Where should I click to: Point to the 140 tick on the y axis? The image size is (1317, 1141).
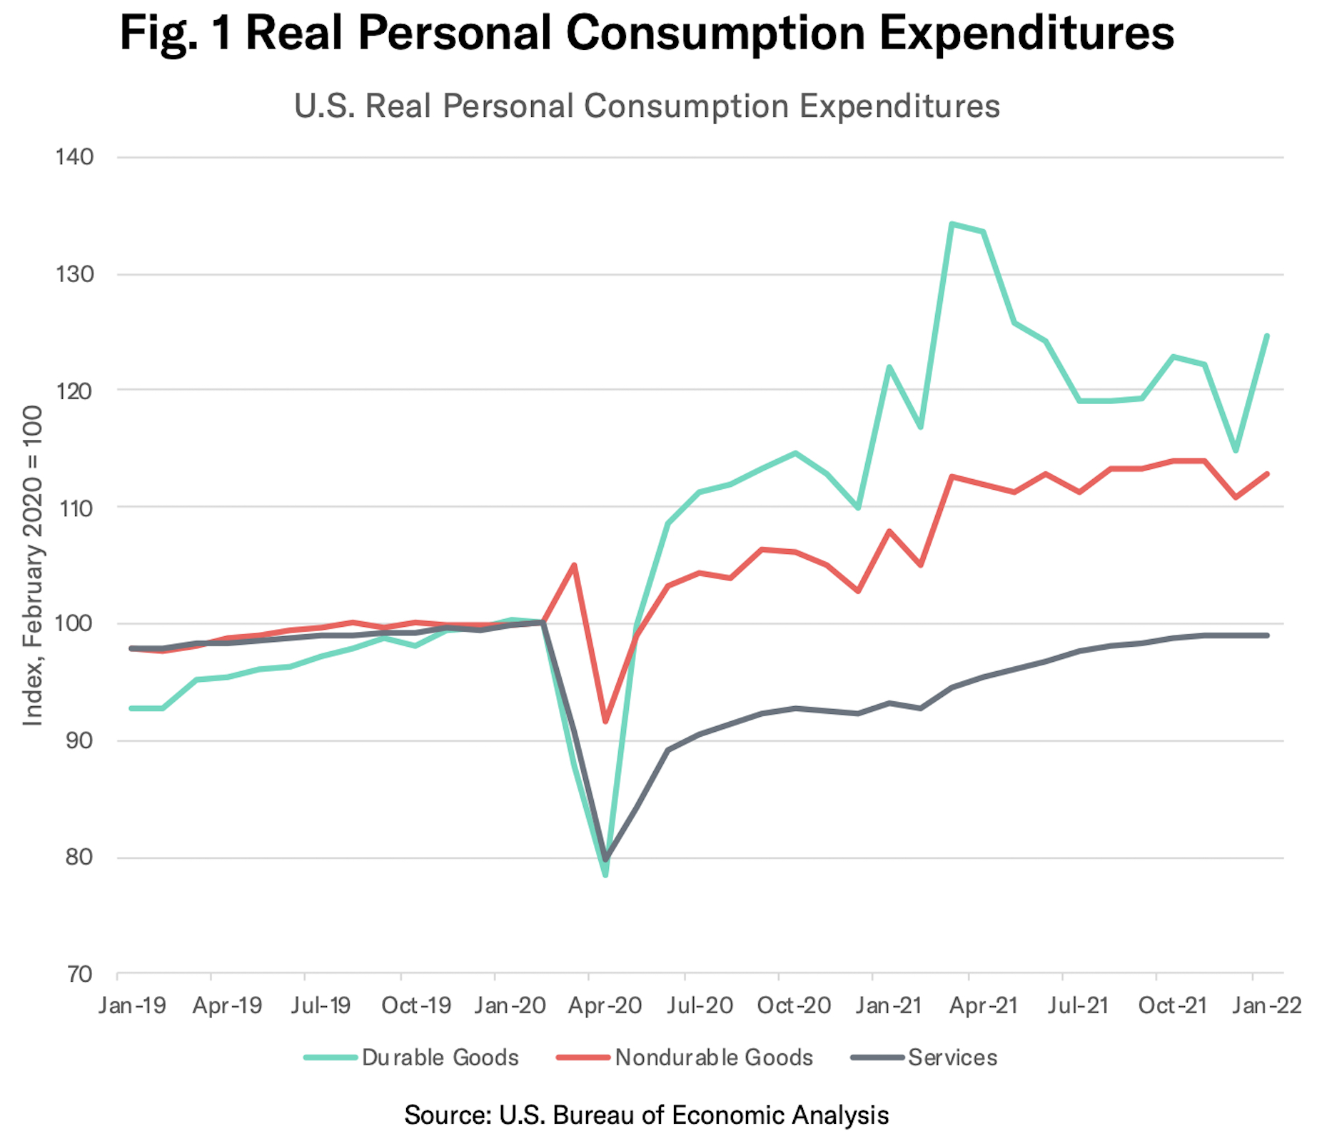(x=75, y=157)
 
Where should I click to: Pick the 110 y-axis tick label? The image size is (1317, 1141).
(x=75, y=508)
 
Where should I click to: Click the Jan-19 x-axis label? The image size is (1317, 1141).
(x=133, y=1005)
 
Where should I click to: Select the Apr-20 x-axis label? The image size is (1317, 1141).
(x=605, y=1005)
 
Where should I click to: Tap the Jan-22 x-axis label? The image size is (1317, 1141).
(x=1266, y=1005)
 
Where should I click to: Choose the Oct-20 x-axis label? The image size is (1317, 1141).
(x=794, y=1005)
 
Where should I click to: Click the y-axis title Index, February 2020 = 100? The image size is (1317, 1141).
(x=33, y=566)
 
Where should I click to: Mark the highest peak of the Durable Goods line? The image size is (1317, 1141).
(x=952, y=224)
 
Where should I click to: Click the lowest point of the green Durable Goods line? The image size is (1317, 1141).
(x=605, y=874)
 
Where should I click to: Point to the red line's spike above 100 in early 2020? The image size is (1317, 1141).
(x=574, y=566)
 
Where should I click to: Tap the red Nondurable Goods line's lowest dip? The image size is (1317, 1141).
(x=605, y=721)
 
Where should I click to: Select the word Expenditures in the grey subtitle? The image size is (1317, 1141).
(x=899, y=106)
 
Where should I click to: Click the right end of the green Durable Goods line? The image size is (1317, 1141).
(x=1267, y=336)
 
